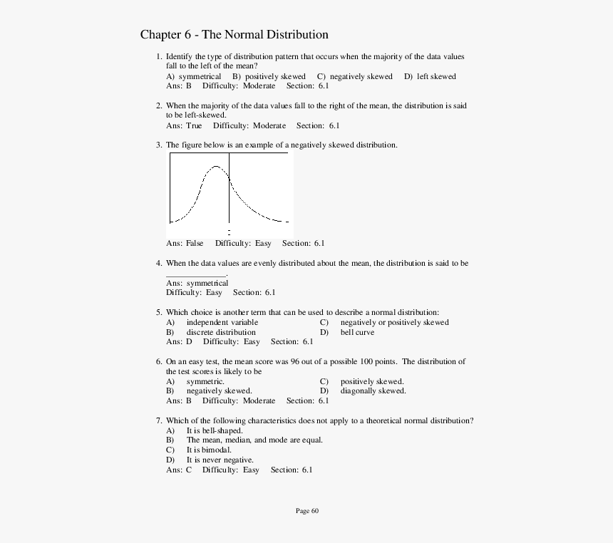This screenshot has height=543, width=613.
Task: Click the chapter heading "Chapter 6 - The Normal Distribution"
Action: (234, 35)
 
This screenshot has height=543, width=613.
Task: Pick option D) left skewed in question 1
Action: (430, 76)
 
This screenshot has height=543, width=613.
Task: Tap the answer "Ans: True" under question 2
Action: (184, 125)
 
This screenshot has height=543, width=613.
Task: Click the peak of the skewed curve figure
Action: (216, 167)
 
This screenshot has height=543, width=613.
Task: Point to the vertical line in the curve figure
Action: (229, 192)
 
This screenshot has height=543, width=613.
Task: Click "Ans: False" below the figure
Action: (185, 243)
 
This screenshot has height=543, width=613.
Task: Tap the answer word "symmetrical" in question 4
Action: (207, 283)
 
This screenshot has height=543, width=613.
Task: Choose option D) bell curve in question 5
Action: (356, 332)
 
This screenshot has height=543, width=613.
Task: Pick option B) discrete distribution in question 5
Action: (220, 332)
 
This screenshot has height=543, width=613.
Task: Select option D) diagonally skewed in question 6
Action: (372, 391)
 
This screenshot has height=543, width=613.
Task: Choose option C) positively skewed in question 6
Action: (371, 381)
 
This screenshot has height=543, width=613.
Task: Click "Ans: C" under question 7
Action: (179, 470)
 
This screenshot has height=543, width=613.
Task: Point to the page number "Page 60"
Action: (307, 510)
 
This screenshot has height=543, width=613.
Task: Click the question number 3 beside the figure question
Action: (158, 145)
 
